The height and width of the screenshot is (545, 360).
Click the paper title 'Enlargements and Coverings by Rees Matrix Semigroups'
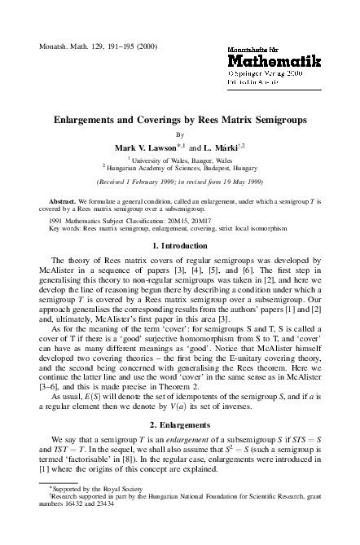pos(180,119)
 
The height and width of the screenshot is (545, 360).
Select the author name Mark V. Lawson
pos(147,147)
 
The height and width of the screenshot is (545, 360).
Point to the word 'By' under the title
pos(180,134)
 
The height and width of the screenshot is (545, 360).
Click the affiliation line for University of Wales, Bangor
pos(180,160)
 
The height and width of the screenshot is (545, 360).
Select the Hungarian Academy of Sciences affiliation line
pos(180,169)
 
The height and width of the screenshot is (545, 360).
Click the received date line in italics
pos(180,182)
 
